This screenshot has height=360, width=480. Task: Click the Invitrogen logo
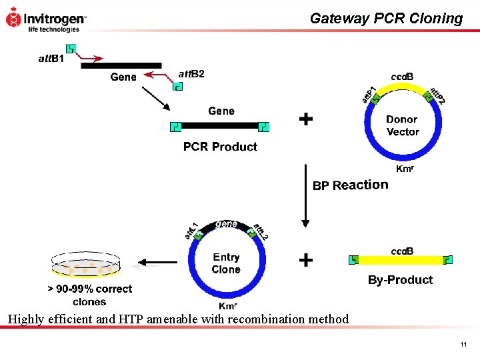pos(45,19)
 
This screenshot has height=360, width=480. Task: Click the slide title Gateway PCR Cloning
pos(386,19)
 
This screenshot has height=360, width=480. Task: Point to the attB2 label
pos(191,73)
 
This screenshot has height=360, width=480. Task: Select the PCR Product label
pos(220,147)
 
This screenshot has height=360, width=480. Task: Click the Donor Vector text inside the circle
pos(402,125)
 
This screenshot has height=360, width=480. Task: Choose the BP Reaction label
pos(350,185)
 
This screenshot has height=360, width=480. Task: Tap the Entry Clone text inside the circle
pos(226,263)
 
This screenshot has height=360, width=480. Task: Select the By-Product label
pos(400,280)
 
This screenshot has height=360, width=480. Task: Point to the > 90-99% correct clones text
pos(89,295)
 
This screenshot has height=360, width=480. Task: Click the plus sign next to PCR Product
pos(305,119)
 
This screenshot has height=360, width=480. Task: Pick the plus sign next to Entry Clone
pos(305,259)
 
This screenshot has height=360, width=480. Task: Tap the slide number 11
pos(463,345)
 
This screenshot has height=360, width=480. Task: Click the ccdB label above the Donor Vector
pos(401,77)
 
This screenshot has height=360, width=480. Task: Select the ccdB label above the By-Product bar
pos(401,251)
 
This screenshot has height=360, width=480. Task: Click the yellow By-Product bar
pos(401,260)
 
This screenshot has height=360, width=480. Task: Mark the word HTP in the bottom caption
pos(134,319)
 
